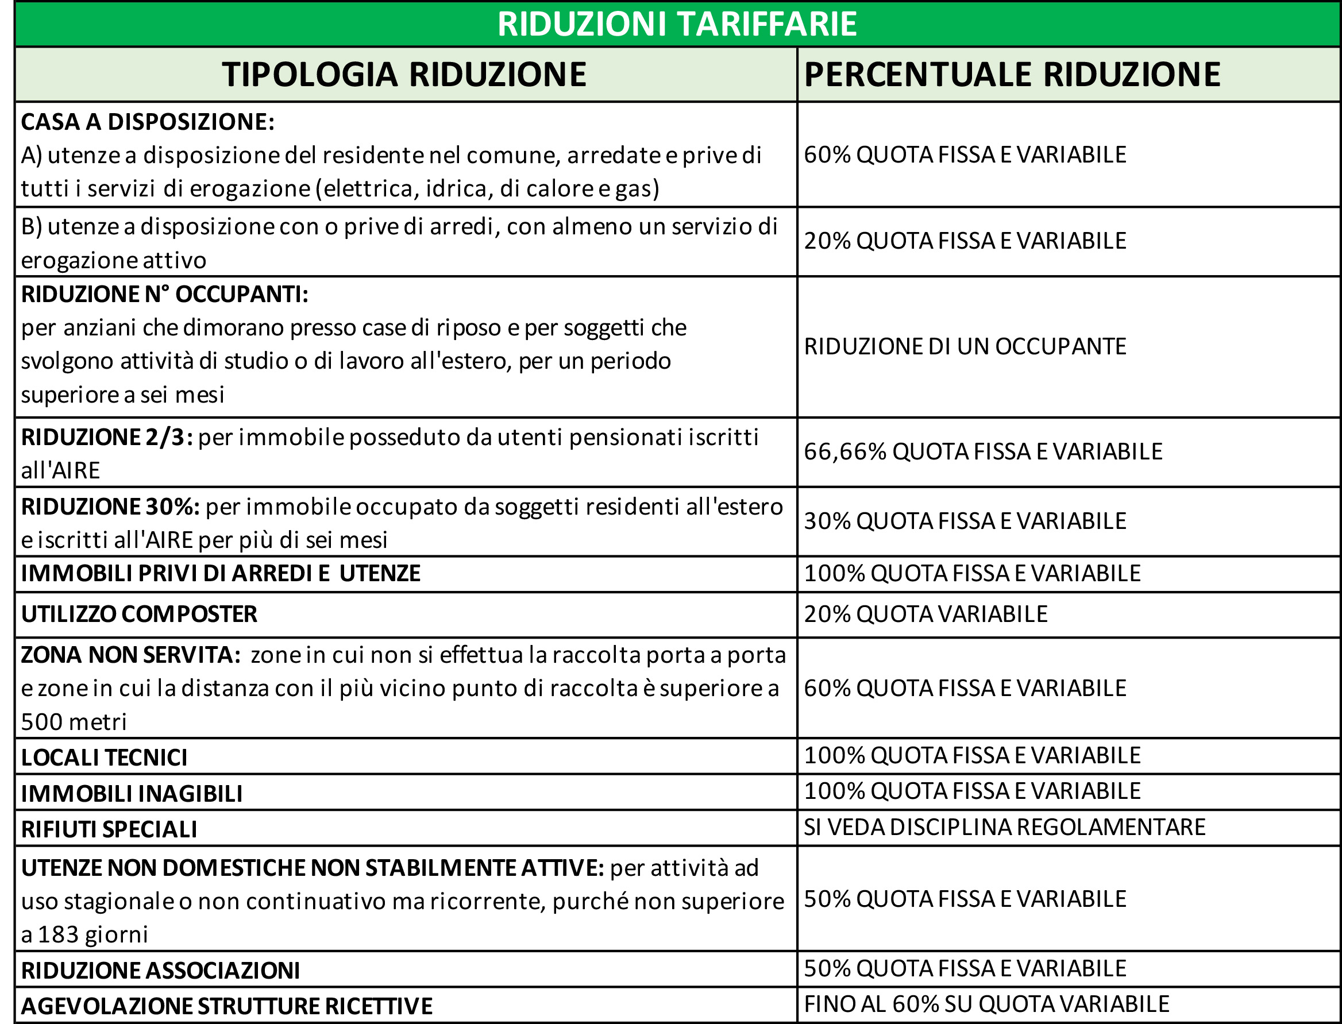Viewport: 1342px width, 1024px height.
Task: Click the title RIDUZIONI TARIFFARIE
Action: [677, 24]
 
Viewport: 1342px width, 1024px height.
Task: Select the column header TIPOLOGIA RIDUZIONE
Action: [404, 74]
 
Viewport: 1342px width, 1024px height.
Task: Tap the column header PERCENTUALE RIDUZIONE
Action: [1012, 74]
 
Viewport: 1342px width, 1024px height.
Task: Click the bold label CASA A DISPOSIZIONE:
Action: [148, 122]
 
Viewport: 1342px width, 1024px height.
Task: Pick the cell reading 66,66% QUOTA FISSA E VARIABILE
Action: [983, 451]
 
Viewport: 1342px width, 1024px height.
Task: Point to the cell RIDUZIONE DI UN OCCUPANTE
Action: [965, 346]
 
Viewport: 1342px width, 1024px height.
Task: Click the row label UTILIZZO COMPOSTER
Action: [139, 614]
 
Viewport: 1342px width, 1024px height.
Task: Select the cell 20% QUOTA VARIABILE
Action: [925, 614]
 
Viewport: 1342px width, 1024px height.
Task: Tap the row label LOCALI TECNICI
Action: [104, 758]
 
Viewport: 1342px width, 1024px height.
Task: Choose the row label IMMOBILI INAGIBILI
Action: [132, 794]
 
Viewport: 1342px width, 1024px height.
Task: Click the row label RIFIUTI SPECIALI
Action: [109, 829]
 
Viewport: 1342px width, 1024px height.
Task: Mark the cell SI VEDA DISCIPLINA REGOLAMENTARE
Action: [1004, 827]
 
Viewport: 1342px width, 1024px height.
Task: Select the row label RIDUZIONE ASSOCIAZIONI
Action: [160, 971]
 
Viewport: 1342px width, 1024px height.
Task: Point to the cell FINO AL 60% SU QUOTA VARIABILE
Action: [986, 1004]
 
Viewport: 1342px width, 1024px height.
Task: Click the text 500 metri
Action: [74, 722]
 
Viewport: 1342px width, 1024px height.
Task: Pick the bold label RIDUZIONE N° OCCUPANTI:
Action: [165, 295]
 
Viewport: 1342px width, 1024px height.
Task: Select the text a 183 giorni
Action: [85, 934]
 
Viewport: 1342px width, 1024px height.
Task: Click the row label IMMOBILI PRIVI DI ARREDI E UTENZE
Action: [221, 574]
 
